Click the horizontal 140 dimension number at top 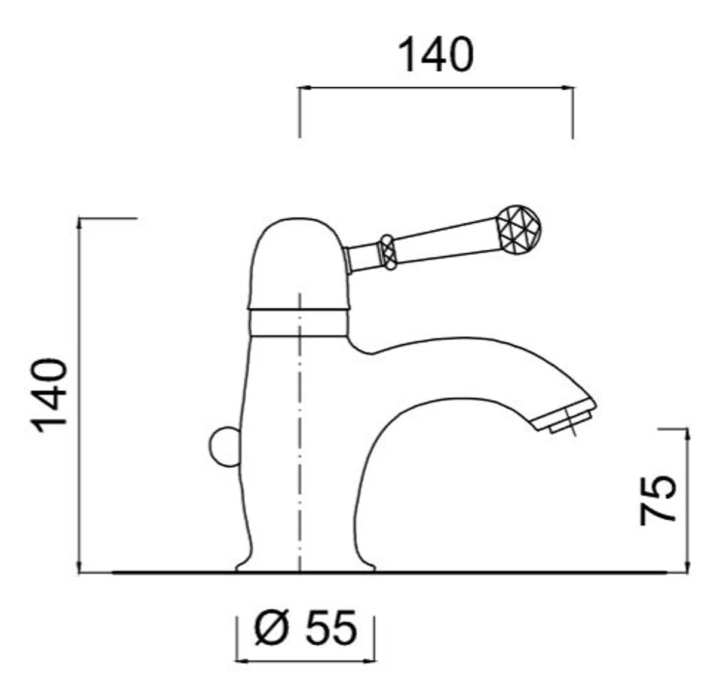click(x=436, y=55)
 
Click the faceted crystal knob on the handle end click(x=519, y=229)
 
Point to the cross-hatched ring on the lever click(x=388, y=252)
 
